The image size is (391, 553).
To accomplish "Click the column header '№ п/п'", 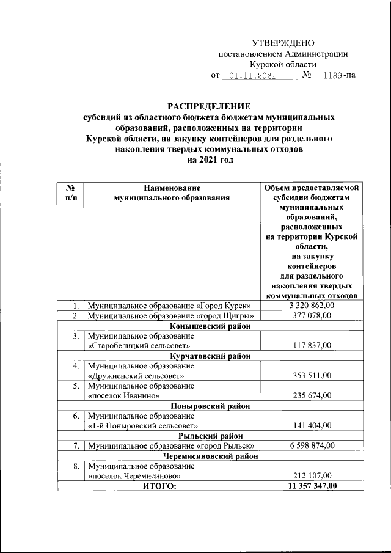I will click(x=71, y=193).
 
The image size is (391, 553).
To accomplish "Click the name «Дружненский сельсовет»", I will click(x=136, y=376).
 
